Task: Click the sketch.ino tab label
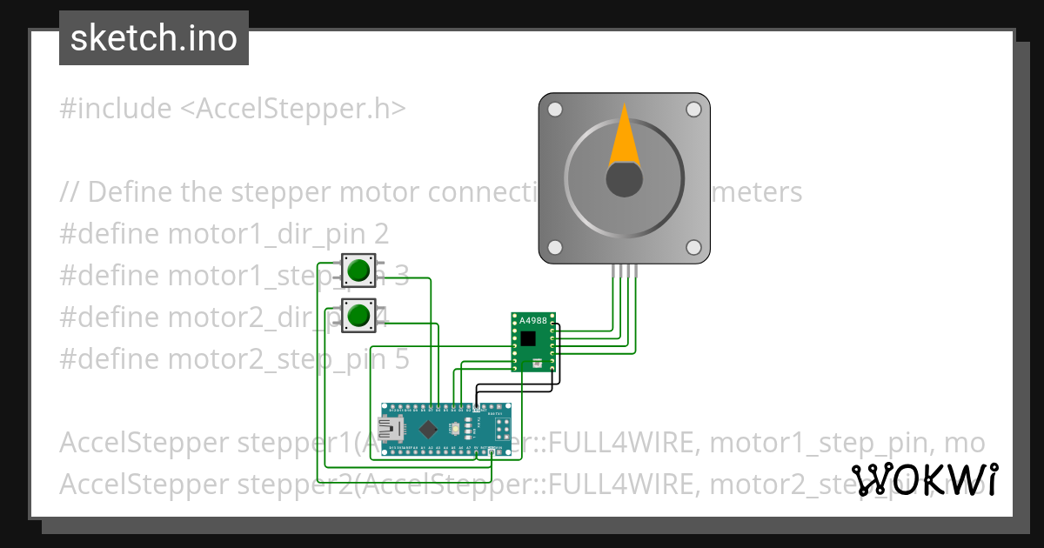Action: [154, 38]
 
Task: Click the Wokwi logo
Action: [924, 480]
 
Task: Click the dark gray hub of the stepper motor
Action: [624, 179]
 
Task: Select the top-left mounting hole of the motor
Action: [554, 110]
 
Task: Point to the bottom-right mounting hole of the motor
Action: [693, 248]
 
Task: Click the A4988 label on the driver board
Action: [532, 321]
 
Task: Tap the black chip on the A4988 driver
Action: [529, 337]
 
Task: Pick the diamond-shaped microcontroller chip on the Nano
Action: [429, 429]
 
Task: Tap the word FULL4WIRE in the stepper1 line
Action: [624, 443]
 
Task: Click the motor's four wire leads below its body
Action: [624, 271]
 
